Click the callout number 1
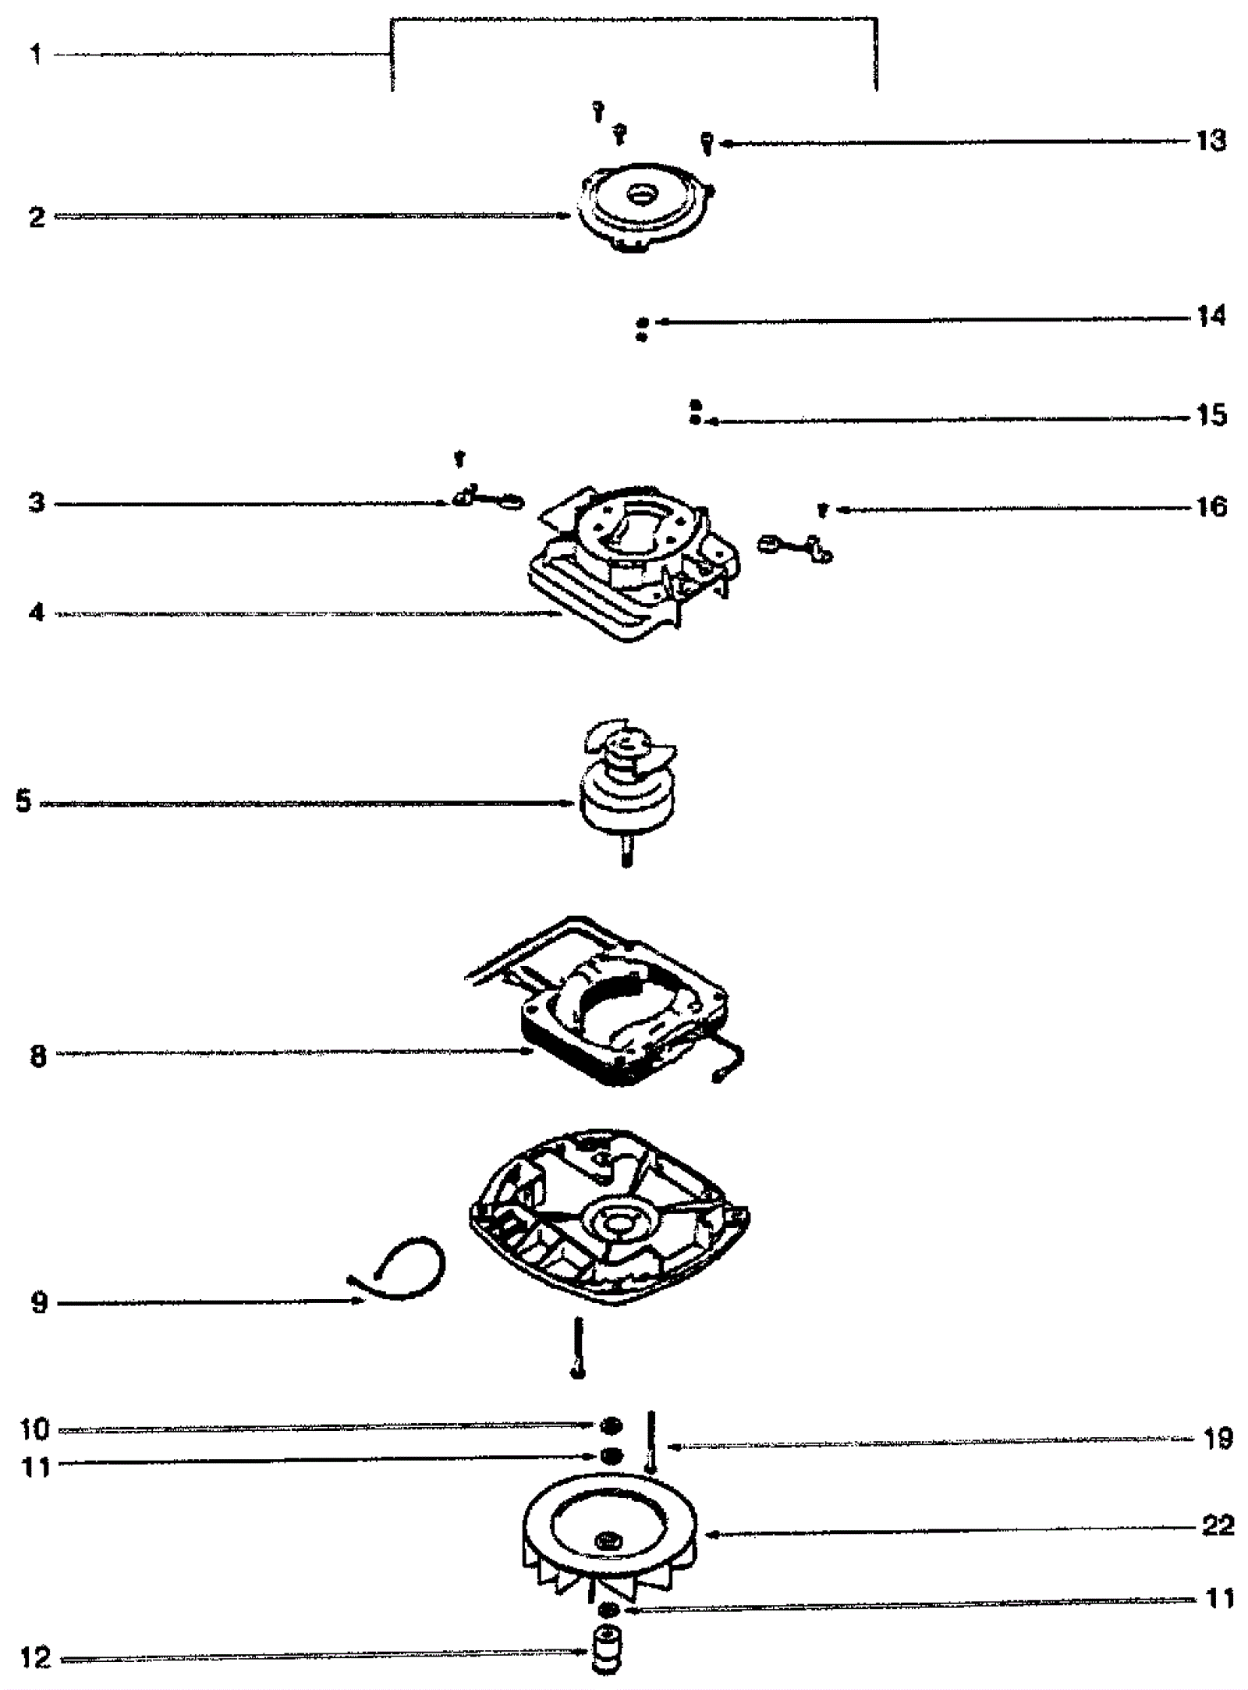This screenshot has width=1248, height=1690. pos(36,55)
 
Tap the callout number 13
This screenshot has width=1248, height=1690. pos(1211,141)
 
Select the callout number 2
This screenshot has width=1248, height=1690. pos(37,216)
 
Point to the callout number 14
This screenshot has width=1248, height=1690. pos(1211,316)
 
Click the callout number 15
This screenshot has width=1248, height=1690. pos(1211,415)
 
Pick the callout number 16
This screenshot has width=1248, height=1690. pos(1211,507)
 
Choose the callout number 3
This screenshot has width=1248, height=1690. pos(37,503)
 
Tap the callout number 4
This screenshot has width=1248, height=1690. pos(37,612)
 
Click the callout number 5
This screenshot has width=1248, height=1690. pos(23,801)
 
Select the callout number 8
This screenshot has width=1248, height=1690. pos(38,1056)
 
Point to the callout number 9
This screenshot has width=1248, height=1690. pos(39,1302)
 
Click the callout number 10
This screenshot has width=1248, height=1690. pos(34,1429)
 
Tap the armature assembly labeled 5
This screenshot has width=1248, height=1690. pos(628,788)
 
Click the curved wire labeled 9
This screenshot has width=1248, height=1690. pos(406,1272)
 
